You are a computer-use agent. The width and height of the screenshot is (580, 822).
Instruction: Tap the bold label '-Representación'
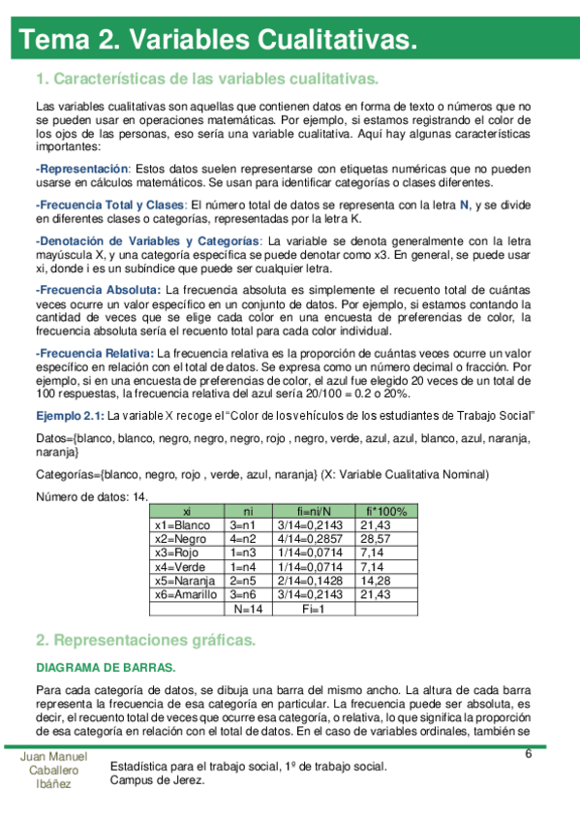pos(81,169)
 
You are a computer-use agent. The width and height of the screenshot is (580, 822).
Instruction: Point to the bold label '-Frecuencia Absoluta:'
pos(98,290)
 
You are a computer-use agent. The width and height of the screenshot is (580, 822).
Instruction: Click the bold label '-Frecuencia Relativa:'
pos(94,353)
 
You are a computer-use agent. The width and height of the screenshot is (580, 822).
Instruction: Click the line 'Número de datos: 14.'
pos(91,497)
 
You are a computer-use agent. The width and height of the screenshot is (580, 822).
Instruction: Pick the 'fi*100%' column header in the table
pos(387,511)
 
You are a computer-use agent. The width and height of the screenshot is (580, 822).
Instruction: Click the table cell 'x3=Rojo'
pos(176,553)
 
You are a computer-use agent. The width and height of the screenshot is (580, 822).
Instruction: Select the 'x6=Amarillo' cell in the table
pos(186,594)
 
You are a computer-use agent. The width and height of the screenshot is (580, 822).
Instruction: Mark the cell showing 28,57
pos(375,539)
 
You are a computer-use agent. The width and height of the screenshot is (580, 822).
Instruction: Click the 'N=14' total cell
pos(249,609)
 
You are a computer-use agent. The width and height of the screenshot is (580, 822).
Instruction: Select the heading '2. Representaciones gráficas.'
pos(145,641)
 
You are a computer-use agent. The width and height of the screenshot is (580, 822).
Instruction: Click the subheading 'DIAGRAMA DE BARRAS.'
pos(106,668)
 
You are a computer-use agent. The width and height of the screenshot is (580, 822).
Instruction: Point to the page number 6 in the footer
pos(529,755)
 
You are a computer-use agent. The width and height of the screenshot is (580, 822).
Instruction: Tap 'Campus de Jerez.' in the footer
pos(158,780)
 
